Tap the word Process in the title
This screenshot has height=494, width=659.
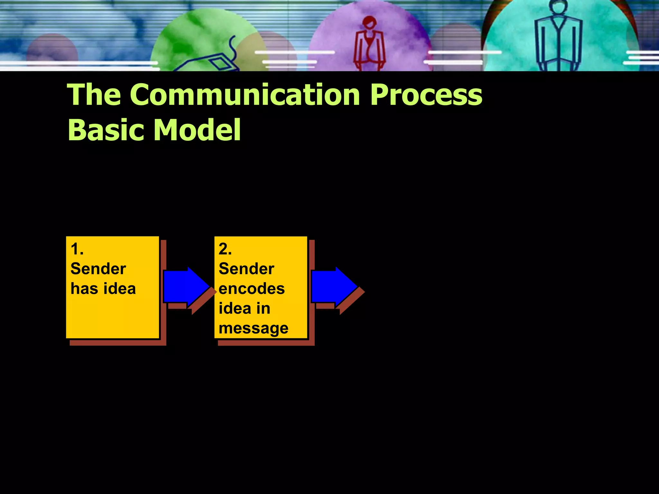[426, 95]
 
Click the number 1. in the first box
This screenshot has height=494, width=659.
[77, 249]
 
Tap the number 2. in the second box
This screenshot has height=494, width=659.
[225, 249]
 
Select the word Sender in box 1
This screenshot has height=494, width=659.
[98, 269]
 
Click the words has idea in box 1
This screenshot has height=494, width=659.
[103, 288]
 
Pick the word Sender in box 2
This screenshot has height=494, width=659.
[246, 269]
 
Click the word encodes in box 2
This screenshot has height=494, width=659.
[252, 288]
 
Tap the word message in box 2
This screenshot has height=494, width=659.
[253, 328]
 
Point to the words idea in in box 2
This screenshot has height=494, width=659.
[244, 308]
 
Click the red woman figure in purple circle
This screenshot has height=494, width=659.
[370, 45]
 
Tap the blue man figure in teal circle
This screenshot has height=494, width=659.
[558, 39]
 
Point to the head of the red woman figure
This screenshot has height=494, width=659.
[369, 23]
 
